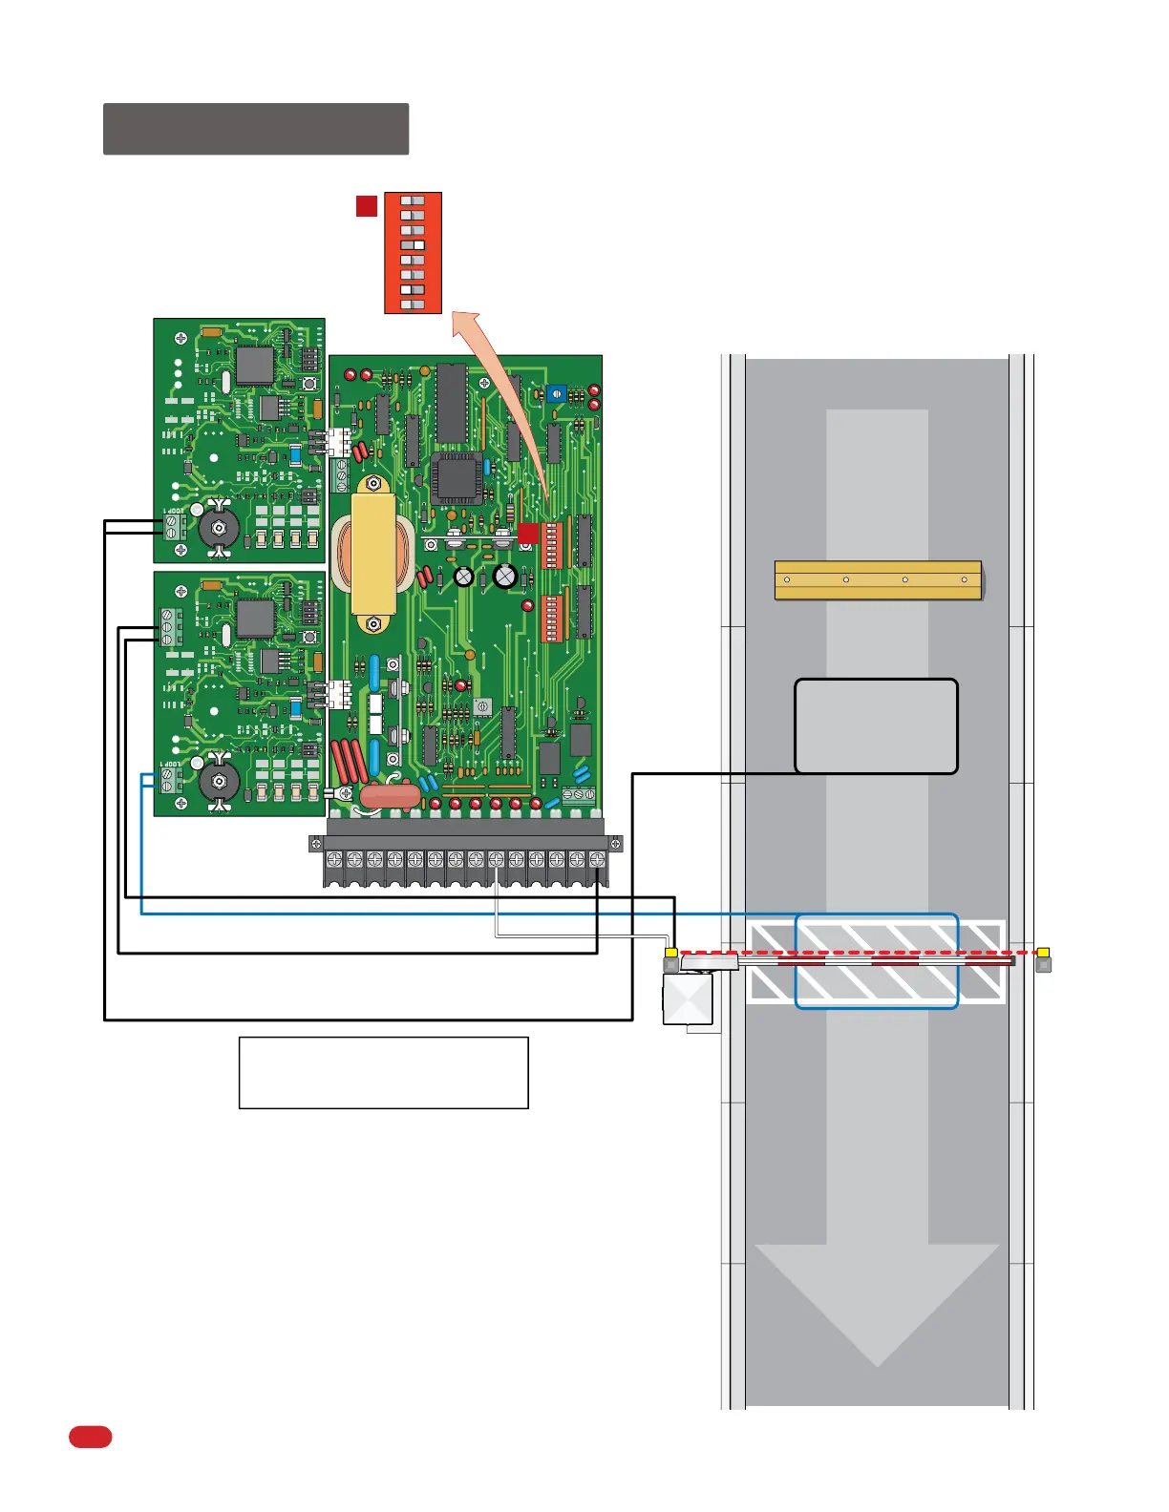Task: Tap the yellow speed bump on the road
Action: (878, 580)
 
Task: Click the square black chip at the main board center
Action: (454, 477)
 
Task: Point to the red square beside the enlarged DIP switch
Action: (367, 206)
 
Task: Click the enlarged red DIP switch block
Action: (413, 253)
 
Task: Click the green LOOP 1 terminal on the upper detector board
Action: (172, 527)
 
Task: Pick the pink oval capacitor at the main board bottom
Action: (390, 794)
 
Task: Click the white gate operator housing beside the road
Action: (688, 998)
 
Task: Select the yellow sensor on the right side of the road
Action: (1044, 953)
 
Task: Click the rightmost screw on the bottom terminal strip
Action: (597, 859)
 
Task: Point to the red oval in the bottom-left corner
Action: (90, 1437)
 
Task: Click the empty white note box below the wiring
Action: (383, 1072)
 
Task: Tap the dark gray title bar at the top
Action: (256, 129)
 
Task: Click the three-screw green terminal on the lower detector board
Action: (170, 628)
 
